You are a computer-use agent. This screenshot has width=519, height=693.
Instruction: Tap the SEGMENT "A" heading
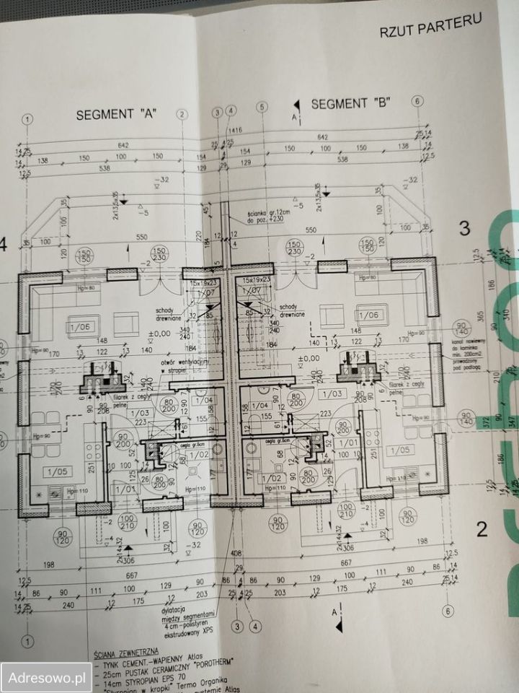117,114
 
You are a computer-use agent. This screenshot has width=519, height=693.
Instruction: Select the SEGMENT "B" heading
350,104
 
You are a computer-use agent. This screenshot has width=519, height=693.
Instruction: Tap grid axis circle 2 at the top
182,114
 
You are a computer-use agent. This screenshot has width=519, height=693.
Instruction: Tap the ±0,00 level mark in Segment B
311,358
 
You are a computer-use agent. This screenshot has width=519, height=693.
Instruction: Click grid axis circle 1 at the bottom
27,640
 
